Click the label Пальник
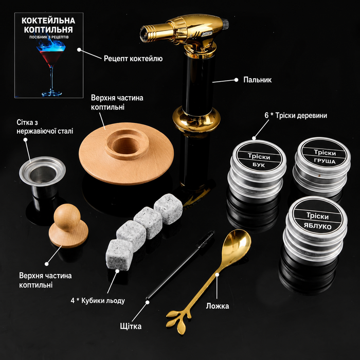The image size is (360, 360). pos(257,80)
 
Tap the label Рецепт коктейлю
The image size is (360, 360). pos(133,59)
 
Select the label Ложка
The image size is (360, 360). pos(217,306)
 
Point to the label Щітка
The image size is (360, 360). pos(131,326)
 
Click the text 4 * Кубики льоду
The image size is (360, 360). pos(98,300)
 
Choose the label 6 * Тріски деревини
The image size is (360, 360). pos(296,115)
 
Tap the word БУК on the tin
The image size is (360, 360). pos(259,165)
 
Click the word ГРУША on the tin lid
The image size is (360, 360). pos(325,161)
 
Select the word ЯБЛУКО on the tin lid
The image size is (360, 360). pos(317,226)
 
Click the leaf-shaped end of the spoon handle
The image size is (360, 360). pos(178,320)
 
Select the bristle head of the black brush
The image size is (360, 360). pos(206,239)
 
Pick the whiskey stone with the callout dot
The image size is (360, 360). pos(119,255)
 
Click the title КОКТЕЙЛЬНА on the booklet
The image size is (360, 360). pos(48,21)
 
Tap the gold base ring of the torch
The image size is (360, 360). pos(196,119)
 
